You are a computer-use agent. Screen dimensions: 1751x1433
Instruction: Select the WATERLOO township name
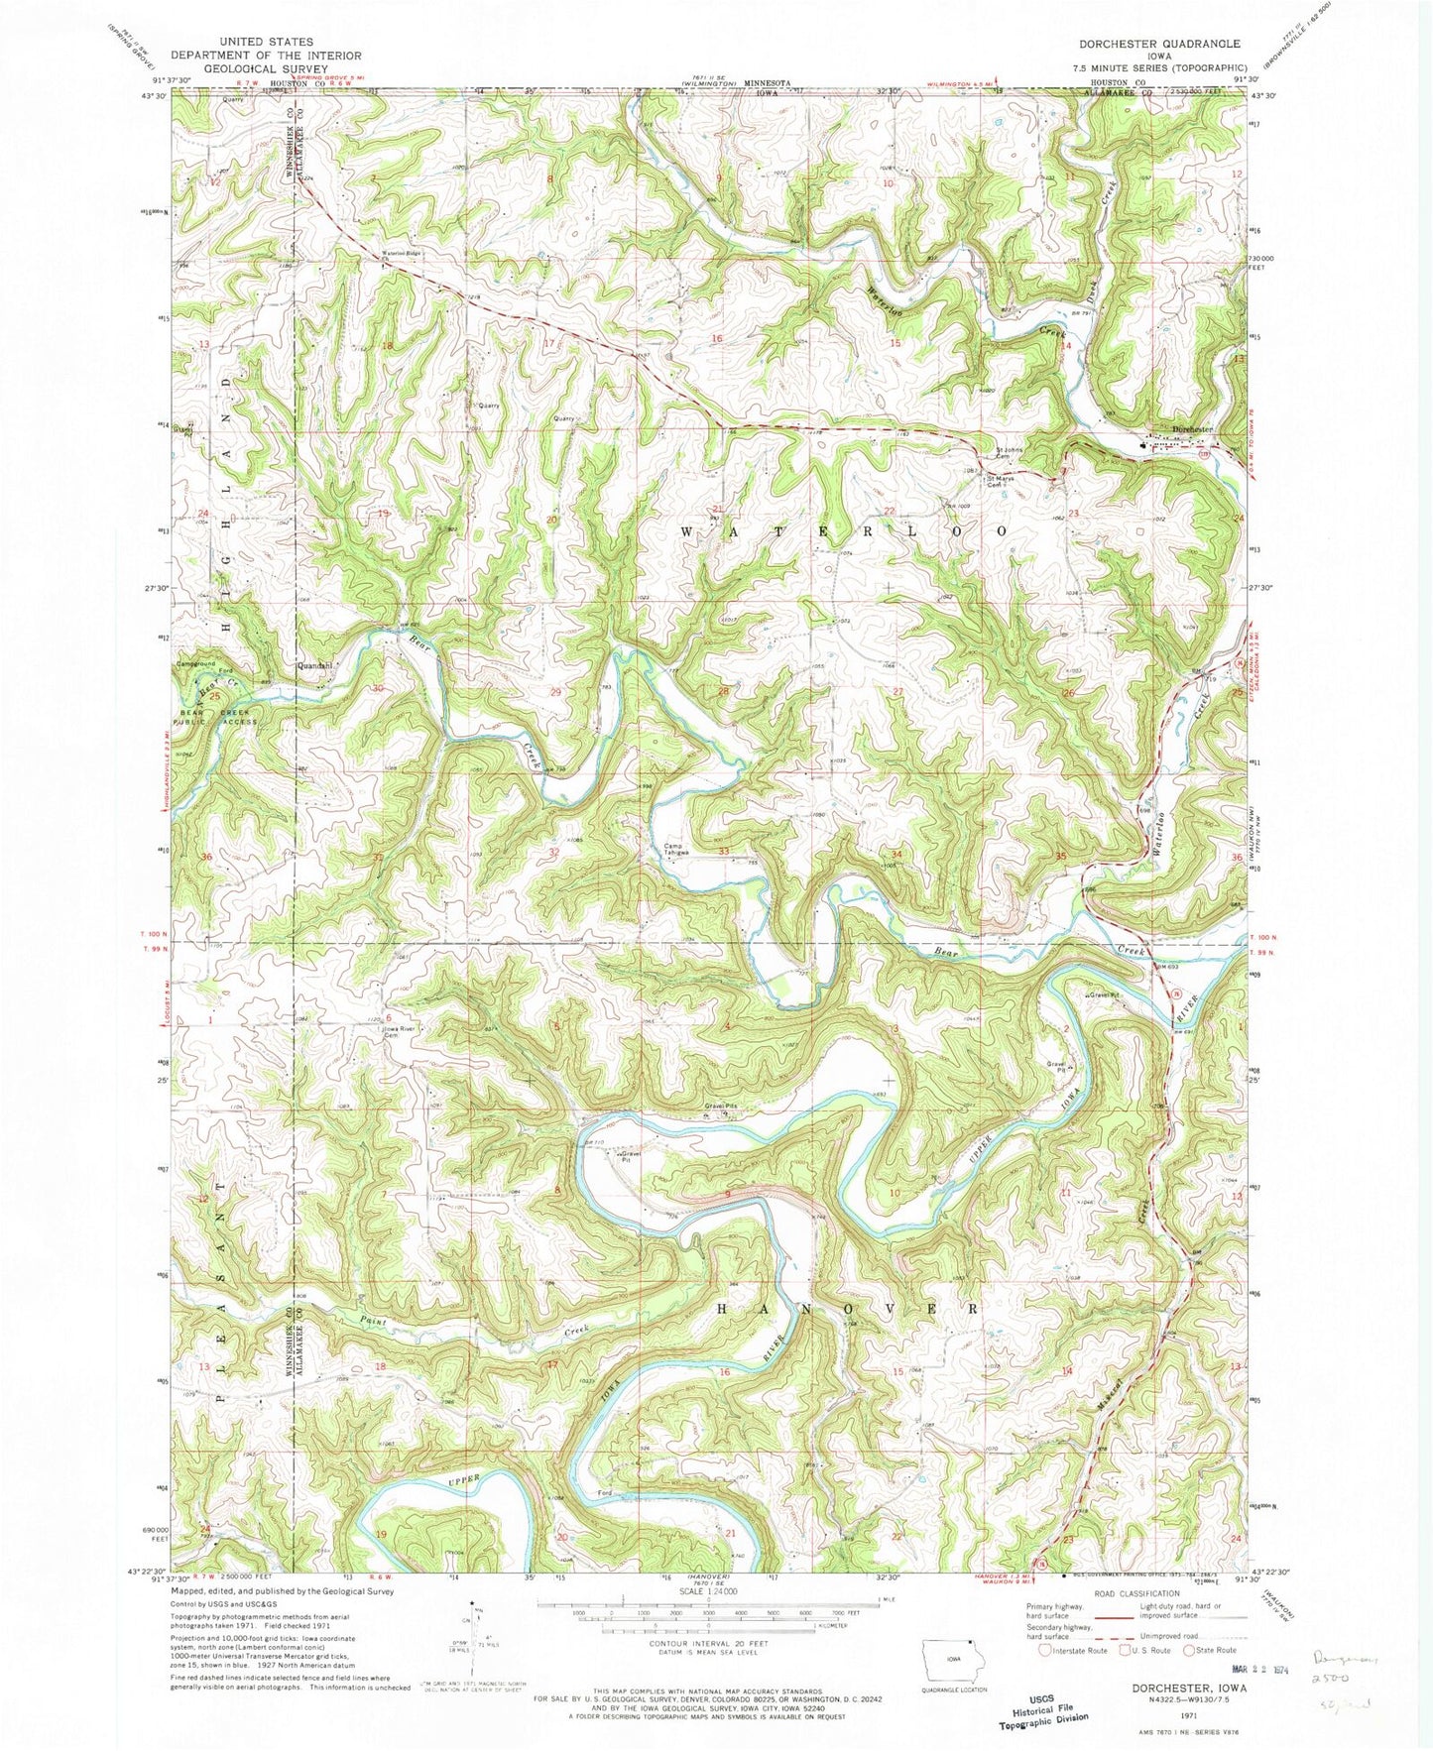coord(844,531)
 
